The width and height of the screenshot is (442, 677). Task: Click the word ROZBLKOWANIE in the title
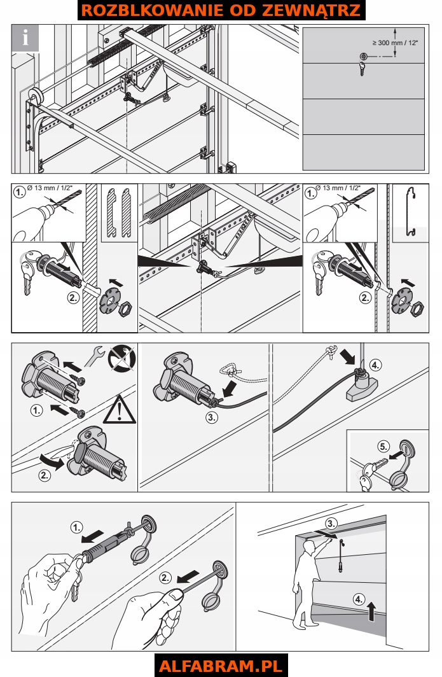[x=152, y=10]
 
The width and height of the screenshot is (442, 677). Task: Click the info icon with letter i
[x=25, y=38]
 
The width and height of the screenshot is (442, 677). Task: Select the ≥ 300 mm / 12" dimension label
[x=395, y=43]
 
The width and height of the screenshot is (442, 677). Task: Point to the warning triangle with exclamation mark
[x=120, y=410]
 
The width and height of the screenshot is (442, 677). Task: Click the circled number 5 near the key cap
[x=383, y=447]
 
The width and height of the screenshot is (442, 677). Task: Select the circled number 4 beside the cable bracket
[x=375, y=365]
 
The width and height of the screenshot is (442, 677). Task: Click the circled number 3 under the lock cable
[x=212, y=417]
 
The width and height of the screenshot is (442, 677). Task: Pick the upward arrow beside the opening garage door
[x=371, y=612]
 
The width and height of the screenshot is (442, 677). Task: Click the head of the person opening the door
[x=308, y=547]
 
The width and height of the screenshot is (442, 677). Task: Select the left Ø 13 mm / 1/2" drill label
[x=50, y=188]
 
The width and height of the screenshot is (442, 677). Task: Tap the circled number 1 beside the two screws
[x=37, y=410]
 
